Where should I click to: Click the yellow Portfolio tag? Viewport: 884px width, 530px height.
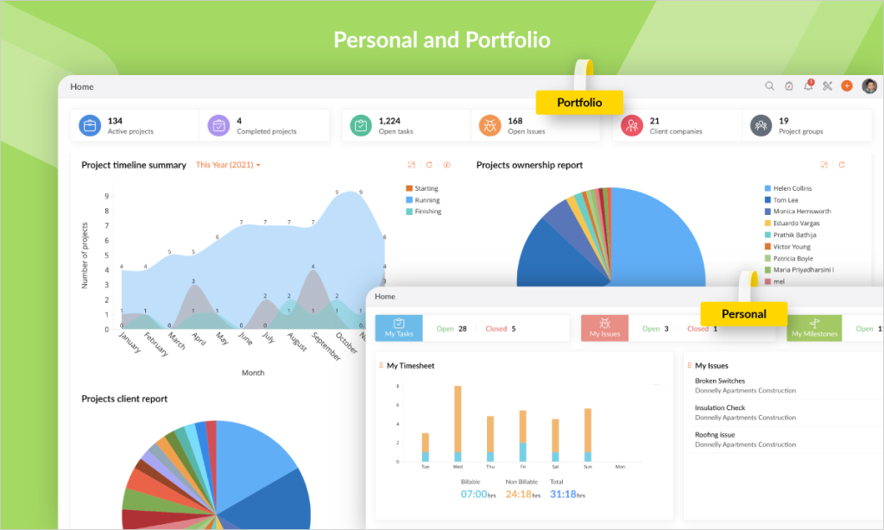(578, 103)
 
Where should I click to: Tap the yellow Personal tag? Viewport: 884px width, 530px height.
(743, 314)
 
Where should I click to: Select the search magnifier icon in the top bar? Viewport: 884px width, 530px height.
(769, 86)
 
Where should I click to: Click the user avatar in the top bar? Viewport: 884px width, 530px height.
(868, 86)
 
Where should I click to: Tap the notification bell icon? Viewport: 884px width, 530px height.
(808, 86)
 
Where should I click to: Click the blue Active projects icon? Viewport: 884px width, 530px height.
(90, 126)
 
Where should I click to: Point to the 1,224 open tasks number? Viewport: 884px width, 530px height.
(389, 121)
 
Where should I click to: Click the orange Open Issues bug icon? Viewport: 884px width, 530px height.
(489, 126)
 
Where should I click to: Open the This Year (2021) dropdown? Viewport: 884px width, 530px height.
(228, 165)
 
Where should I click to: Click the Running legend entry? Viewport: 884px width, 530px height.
(426, 199)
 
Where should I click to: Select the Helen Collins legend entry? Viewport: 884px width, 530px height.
(792, 188)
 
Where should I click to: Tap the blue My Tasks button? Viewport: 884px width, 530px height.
(399, 328)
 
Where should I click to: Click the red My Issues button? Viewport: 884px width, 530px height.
(604, 328)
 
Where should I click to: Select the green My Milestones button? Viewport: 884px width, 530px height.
(814, 328)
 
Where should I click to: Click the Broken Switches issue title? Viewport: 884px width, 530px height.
(720, 381)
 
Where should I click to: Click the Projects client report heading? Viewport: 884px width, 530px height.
(124, 399)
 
